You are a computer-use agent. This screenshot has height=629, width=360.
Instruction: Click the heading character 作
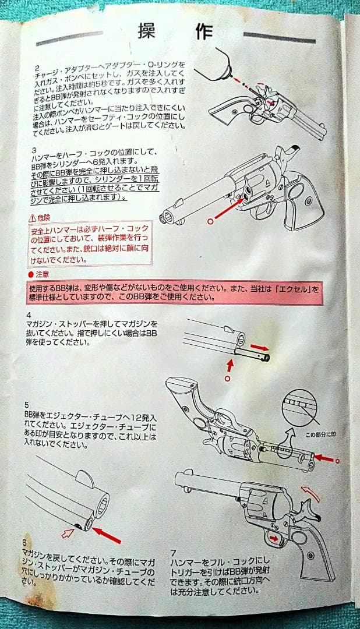[x=204, y=32]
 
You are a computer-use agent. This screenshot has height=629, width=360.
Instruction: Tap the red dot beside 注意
[x=31, y=274]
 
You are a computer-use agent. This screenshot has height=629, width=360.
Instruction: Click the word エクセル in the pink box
[x=293, y=288]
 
